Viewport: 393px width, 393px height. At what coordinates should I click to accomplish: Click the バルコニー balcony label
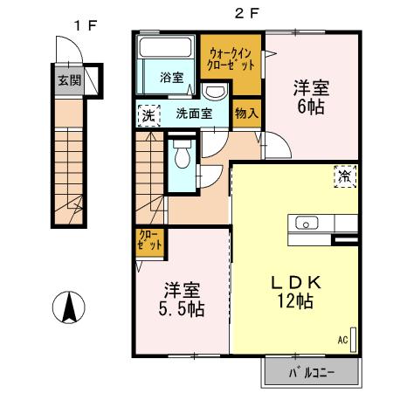pos(310,375)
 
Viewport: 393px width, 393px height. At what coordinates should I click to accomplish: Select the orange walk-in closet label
pos(229,59)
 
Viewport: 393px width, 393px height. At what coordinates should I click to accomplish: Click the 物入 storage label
pos(246,112)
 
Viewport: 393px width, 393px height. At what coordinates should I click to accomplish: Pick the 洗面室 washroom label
pos(194,113)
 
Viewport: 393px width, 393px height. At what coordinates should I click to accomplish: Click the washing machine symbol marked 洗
pos(148,114)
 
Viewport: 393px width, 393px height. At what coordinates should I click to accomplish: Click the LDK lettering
pos(297,282)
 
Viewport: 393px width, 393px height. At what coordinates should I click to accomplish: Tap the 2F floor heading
pos(246,14)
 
